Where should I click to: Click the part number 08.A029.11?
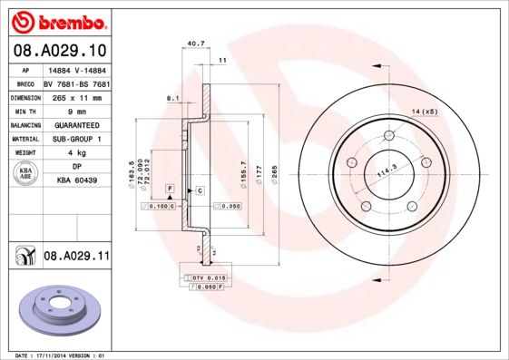[x=76, y=258]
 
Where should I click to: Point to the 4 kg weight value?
[x=75, y=153]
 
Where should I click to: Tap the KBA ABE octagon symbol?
[x=26, y=174]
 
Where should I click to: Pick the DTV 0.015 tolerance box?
[x=208, y=276]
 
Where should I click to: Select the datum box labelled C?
[x=199, y=190]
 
